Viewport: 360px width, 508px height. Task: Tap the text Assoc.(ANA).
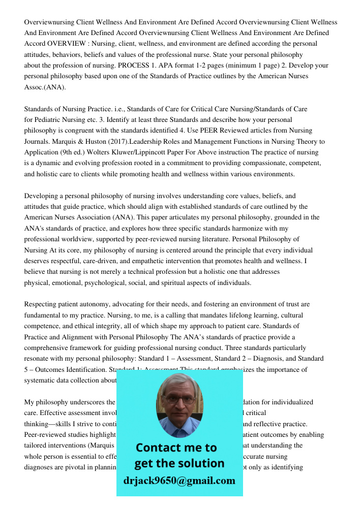tap(45, 87)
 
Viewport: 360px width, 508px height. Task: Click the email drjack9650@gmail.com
tap(179, 481)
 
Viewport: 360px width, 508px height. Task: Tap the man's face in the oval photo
tap(178, 401)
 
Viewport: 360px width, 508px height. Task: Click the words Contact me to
tap(176, 448)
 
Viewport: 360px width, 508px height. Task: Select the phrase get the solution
tap(179, 463)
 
